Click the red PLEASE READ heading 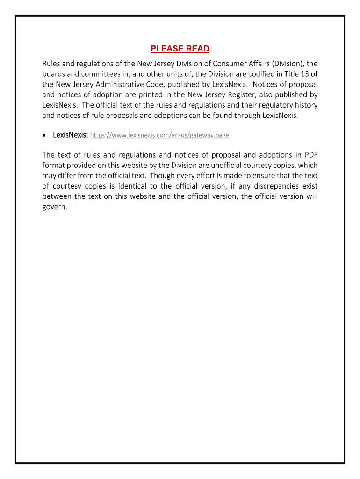(180, 49)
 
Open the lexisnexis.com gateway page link (159, 135)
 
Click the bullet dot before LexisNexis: (44, 135)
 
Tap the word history (306, 105)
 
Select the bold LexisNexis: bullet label (70, 135)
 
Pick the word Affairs (256, 63)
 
